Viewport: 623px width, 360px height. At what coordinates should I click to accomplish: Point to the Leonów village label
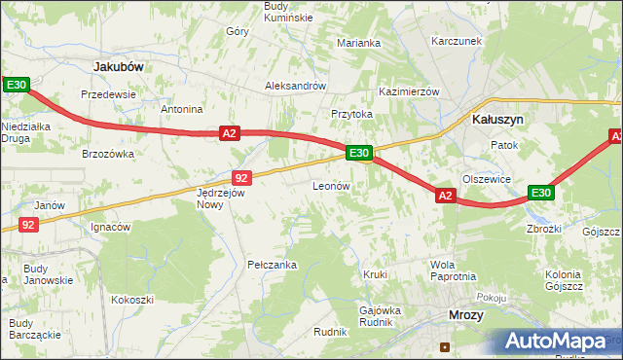click(331, 185)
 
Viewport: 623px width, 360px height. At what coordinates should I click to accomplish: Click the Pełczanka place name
click(272, 265)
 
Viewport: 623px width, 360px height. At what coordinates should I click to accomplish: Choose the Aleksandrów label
click(295, 86)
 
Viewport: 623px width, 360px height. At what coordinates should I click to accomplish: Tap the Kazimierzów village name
click(410, 90)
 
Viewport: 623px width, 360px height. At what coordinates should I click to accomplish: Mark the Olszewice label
click(487, 179)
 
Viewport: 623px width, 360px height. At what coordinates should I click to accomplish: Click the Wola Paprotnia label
click(453, 270)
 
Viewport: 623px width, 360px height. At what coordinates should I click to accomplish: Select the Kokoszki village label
click(132, 300)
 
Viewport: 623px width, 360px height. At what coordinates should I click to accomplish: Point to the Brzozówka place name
click(107, 154)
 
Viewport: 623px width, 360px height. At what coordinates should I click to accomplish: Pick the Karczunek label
click(458, 42)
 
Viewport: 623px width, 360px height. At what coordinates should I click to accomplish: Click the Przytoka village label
click(351, 114)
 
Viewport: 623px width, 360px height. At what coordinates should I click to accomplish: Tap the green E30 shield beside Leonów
click(358, 153)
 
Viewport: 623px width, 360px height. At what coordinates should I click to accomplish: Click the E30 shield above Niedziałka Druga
click(16, 86)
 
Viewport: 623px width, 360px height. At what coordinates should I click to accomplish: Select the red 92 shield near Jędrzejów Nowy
click(242, 177)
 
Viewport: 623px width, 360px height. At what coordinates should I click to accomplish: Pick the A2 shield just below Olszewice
click(445, 196)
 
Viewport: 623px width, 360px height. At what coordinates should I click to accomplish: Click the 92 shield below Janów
click(29, 225)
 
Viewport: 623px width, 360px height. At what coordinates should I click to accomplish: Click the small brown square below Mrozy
click(445, 345)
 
